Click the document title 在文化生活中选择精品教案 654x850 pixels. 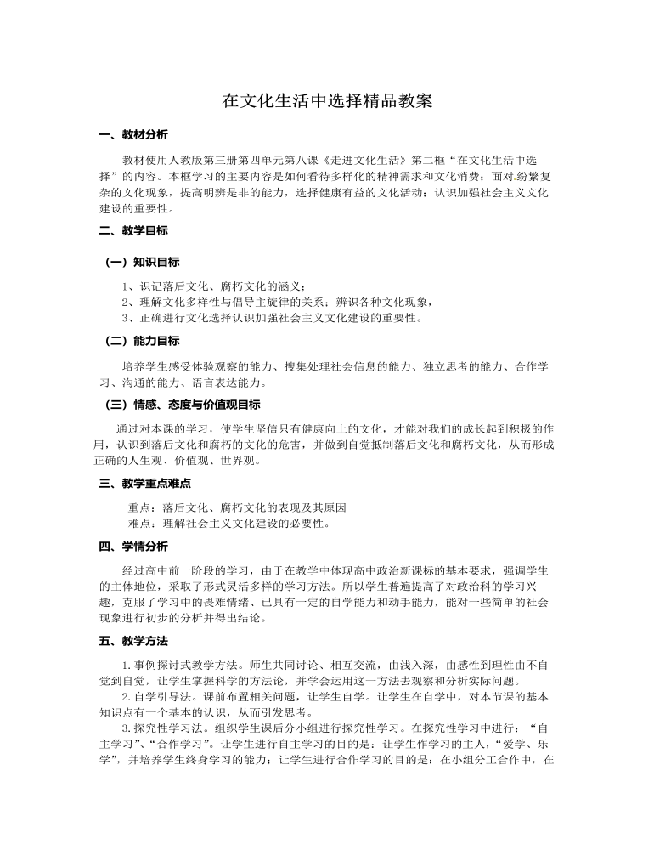(x=327, y=101)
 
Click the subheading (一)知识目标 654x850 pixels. (x=142, y=262)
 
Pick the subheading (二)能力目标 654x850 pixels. (x=142, y=341)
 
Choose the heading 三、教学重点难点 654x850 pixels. (x=145, y=483)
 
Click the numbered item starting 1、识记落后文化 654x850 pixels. (x=213, y=286)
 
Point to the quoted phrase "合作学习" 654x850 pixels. (x=183, y=744)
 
